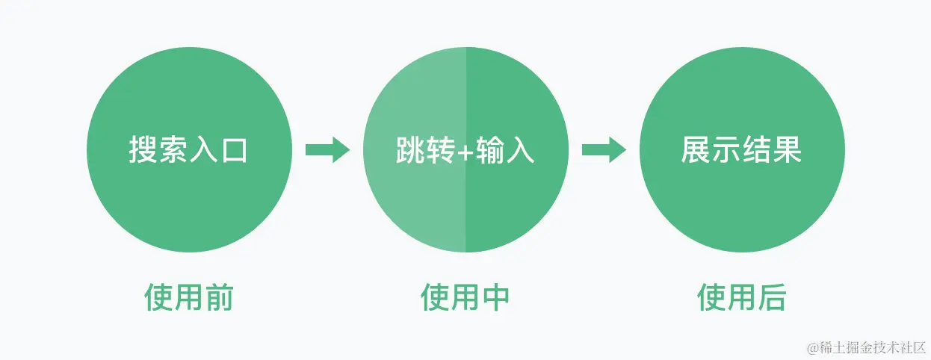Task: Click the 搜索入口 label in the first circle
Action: click(x=188, y=150)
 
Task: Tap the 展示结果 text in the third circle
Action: click(x=741, y=150)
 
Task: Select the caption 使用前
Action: click(x=188, y=297)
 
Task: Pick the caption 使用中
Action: click(x=465, y=297)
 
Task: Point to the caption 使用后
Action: click(x=741, y=297)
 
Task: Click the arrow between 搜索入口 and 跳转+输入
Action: click(x=327, y=149)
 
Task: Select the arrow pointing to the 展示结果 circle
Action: click(x=603, y=149)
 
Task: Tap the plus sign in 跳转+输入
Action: click(x=465, y=151)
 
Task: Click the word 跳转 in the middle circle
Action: click(x=424, y=150)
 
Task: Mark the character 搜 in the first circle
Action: click(x=143, y=150)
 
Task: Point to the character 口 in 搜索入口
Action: click(x=233, y=150)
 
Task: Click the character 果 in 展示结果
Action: click(x=787, y=150)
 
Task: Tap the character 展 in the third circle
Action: click(x=696, y=150)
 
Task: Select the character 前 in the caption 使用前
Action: click(x=218, y=297)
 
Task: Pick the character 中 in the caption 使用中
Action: click(x=495, y=297)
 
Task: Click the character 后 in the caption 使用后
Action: click(x=771, y=297)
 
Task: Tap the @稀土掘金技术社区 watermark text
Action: click(x=865, y=347)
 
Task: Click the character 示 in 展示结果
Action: click(x=726, y=150)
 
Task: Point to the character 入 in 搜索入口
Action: click(x=202, y=150)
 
